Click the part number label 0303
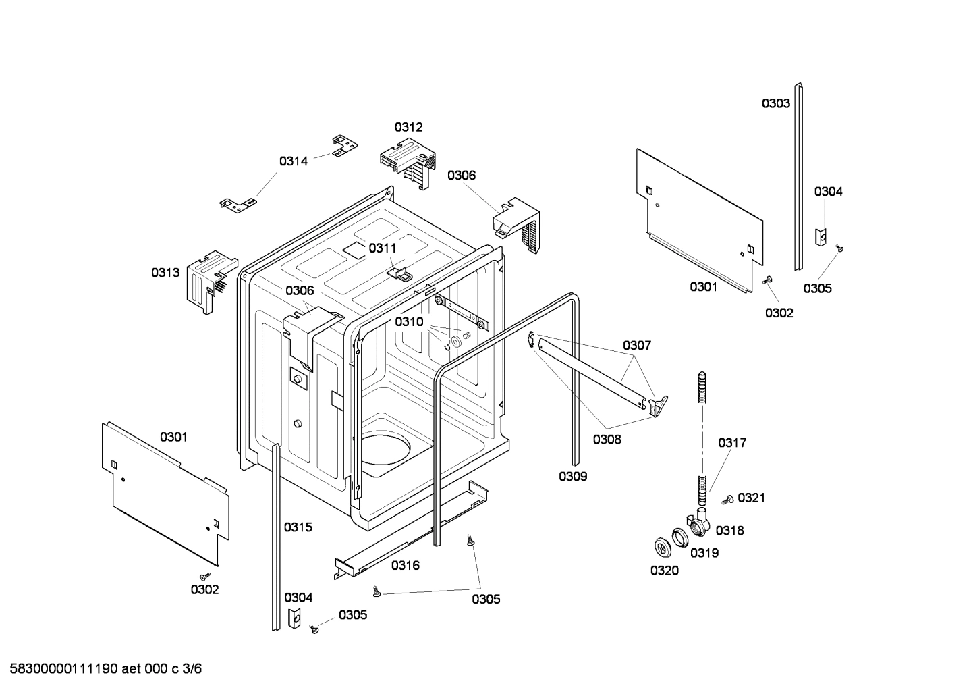775,103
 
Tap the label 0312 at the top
408,127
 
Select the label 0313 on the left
165,272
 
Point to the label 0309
573,476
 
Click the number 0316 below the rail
405,565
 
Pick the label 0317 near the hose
732,443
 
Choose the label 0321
751,498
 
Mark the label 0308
607,440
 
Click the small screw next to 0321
728,500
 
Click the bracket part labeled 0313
207,279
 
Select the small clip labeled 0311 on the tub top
399,273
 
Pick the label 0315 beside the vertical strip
298,527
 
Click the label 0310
409,321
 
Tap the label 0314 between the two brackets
294,161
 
